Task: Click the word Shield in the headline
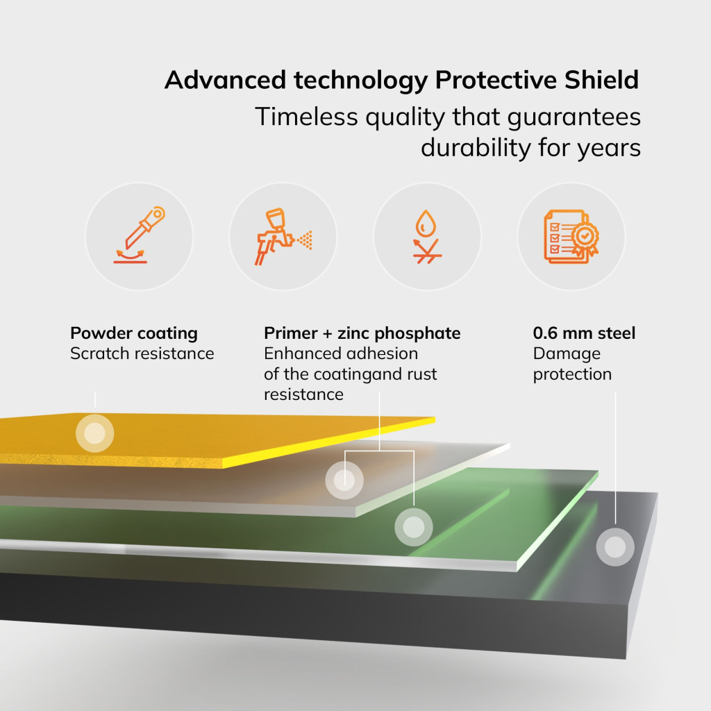pos(601,80)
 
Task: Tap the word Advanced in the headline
pos(225,80)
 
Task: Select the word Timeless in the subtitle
pos(306,117)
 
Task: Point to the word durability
pos(476,147)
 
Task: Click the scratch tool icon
pos(139,235)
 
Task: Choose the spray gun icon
pos(283,236)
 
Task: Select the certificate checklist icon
pos(571,236)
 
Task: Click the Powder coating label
pos(134,333)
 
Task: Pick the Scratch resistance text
pos(142,353)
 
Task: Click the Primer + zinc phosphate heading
pos(362,333)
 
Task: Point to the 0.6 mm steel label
pos(584,333)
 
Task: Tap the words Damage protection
pos(572,364)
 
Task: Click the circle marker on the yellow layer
pos(94,433)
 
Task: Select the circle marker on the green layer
pos(414,528)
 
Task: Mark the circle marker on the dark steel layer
pos(615,547)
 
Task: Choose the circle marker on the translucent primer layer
pos(344,480)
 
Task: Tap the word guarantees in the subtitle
pos(574,117)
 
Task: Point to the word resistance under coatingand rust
pos(303,394)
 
